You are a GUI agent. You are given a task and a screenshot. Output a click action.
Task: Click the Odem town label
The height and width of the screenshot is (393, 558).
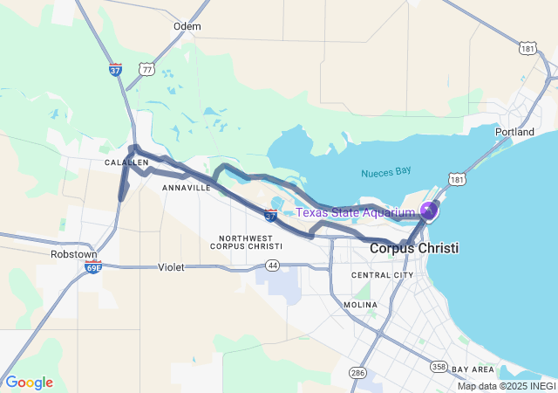click(187, 26)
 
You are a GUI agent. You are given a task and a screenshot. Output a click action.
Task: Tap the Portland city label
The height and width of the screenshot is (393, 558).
click(514, 132)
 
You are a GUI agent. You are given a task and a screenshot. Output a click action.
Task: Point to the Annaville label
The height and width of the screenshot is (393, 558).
click(186, 187)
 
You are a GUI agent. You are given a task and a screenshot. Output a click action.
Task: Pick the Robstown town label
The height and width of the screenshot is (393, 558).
click(73, 254)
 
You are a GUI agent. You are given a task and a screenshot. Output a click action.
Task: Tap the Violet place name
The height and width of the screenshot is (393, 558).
click(171, 267)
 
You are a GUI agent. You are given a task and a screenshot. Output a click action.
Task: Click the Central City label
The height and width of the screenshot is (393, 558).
click(382, 275)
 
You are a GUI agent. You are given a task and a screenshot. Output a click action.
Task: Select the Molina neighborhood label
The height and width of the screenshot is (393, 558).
click(360, 305)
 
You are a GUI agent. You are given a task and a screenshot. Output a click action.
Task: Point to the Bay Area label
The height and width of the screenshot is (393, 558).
click(473, 369)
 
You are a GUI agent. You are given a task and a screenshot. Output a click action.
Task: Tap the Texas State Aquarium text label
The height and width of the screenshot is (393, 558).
click(355, 212)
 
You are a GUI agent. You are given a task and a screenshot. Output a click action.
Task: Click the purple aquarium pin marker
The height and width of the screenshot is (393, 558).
click(429, 210)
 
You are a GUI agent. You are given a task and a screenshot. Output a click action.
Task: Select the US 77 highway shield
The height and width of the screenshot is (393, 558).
click(146, 68)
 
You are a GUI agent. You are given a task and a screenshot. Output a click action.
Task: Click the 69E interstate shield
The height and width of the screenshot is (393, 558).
click(93, 266)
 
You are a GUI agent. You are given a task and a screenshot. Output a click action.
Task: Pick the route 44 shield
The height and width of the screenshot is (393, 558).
click(273, 265)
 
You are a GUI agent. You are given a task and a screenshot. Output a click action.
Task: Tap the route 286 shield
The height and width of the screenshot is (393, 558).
click(357, 373)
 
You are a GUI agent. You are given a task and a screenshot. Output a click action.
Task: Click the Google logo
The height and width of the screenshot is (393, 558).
click(30, 383)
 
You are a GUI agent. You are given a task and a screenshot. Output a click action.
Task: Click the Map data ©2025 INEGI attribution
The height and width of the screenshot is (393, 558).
click(507, 386)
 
